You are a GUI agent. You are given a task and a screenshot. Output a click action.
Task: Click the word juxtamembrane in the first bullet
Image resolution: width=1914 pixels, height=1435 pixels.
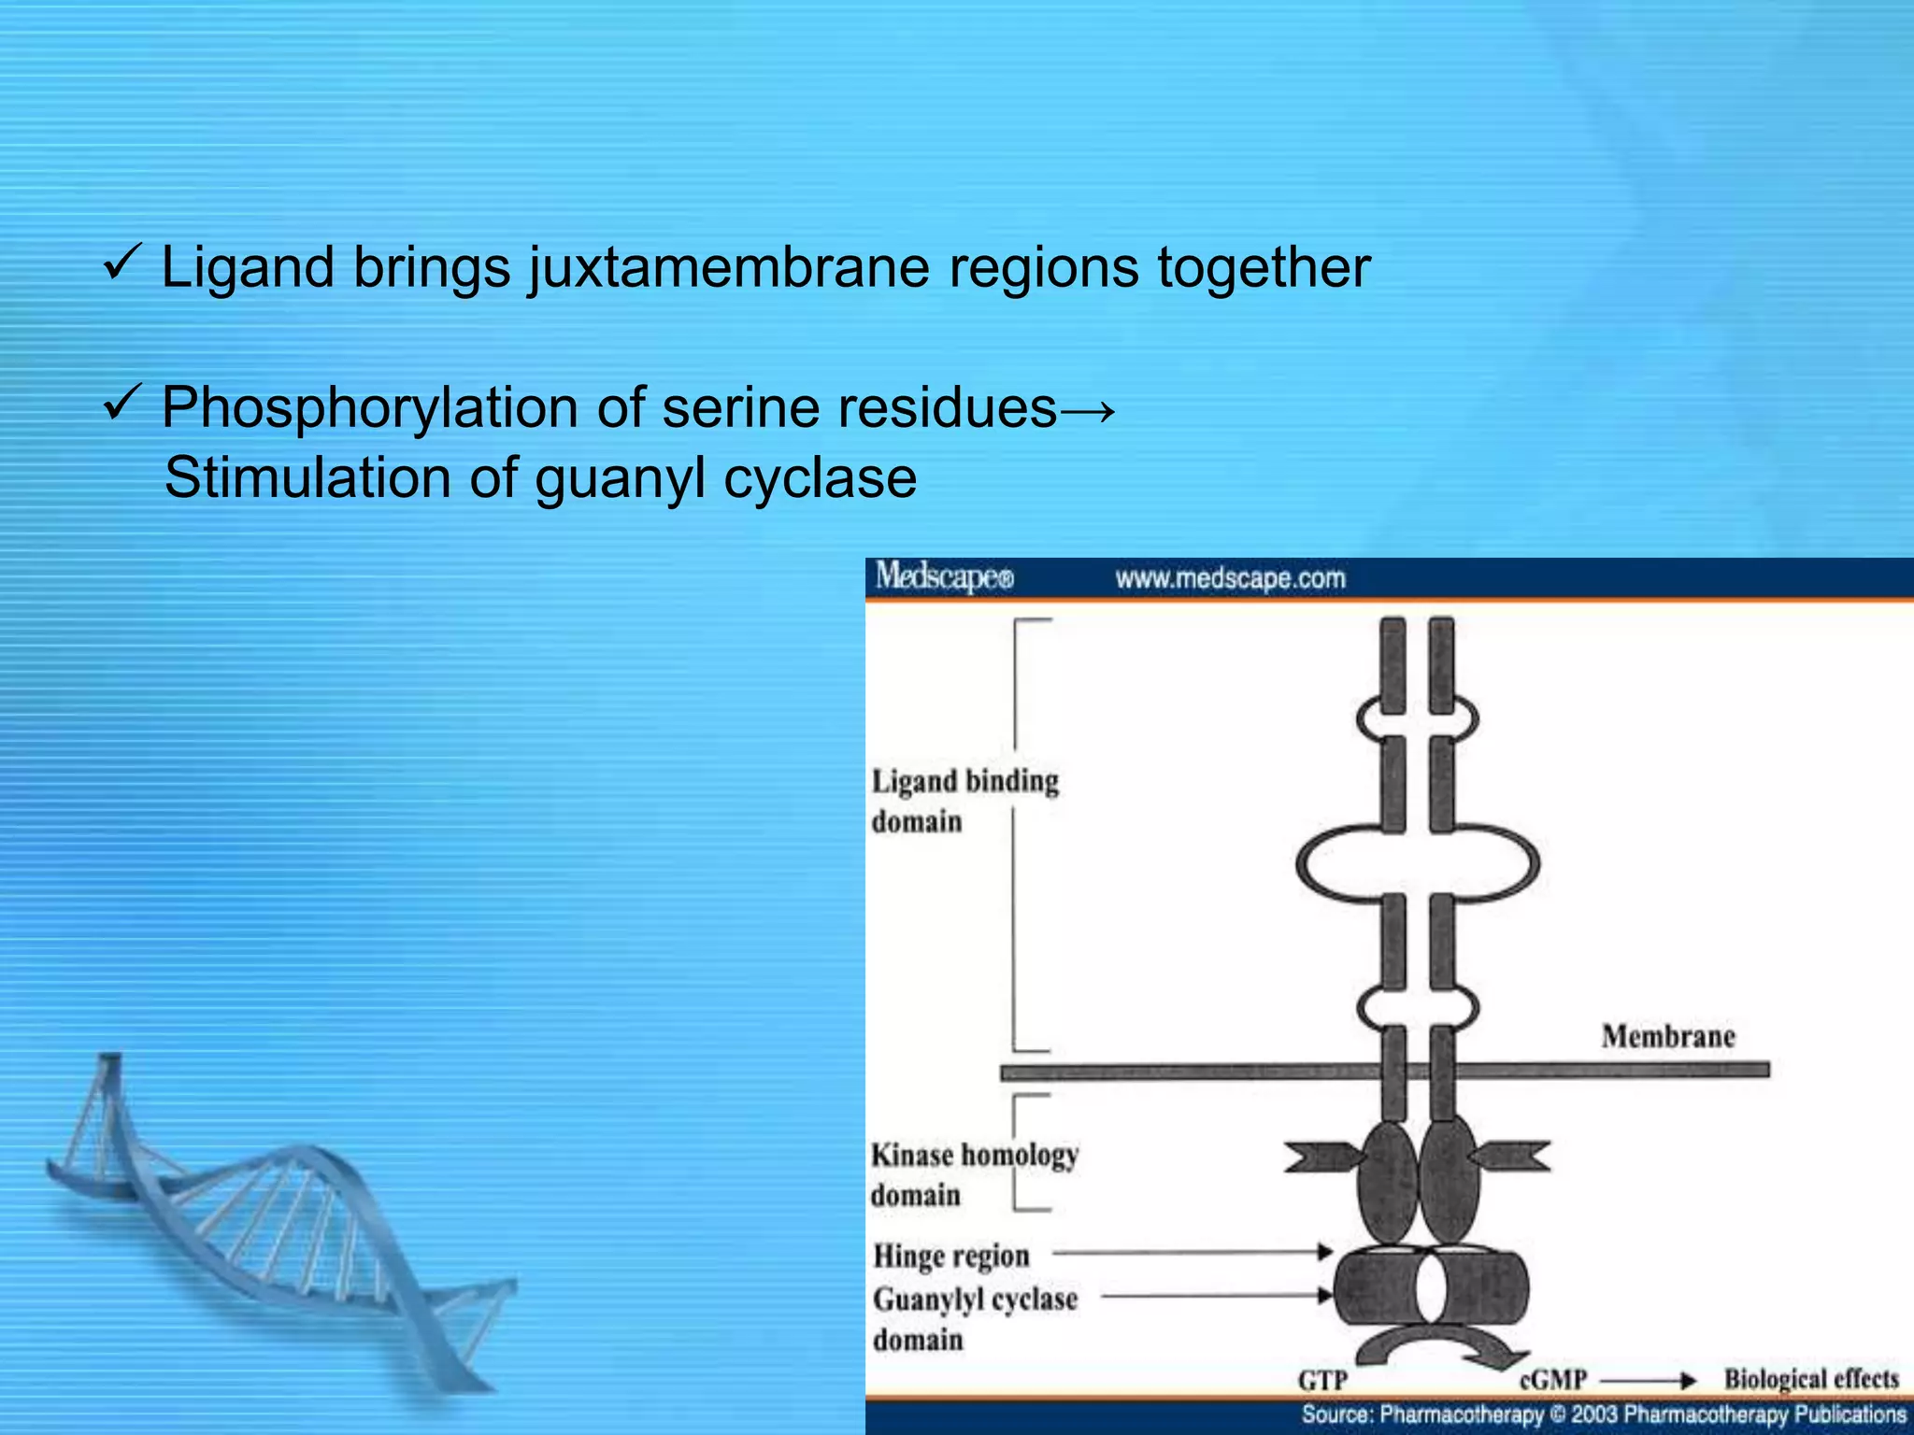click(729, 268)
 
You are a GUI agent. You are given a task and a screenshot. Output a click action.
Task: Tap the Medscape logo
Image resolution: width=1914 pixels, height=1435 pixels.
click(944, 576)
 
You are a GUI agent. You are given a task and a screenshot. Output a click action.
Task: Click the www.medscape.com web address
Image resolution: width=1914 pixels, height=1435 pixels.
click(1230, 578)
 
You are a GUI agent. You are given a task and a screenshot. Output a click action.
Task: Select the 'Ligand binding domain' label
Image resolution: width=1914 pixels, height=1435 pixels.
click(964, 801)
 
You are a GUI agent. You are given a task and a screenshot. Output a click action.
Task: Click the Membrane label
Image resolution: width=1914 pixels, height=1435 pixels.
click(1668, 1036)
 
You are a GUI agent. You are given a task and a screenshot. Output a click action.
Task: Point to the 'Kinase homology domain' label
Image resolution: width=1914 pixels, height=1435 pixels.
click(974, 1174)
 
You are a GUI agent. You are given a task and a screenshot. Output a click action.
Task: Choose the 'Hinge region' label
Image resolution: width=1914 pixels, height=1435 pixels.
click(951, 1256)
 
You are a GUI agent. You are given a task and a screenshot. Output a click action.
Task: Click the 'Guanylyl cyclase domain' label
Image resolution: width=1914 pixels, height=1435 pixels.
click(975, 1318)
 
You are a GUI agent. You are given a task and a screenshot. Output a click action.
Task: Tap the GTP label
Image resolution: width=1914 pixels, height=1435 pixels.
click(1322, 1380)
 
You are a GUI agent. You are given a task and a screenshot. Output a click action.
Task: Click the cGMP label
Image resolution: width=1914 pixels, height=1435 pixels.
click(1553, 1380)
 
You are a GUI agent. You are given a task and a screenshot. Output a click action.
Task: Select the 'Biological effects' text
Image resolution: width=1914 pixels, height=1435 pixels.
click(1811, 1379)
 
